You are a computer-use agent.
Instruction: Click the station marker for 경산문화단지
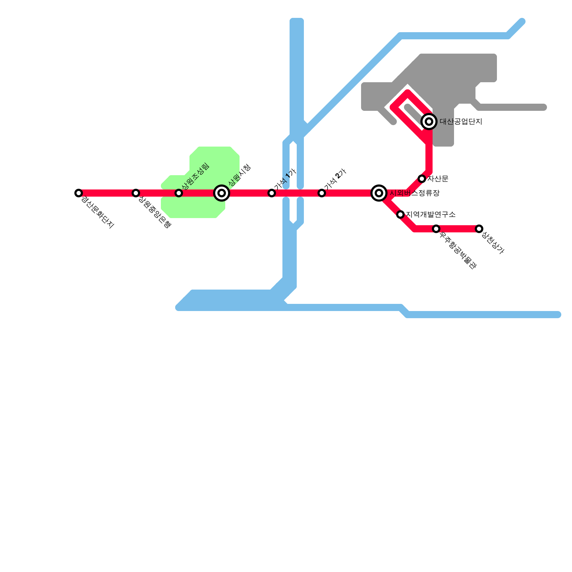click(79, 193)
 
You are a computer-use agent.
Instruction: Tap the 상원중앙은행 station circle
click(135, 193)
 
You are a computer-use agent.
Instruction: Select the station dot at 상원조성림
click(179, 193)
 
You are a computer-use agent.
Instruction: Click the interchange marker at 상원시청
click(222, 193)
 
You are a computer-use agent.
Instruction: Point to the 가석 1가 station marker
click(272, 193)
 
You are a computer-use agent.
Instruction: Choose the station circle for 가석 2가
click(322, 193)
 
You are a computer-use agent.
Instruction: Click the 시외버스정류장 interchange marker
click(379, 193)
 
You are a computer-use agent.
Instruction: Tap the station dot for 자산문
click(422, 179)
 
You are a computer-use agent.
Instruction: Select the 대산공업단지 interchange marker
click(429, 122)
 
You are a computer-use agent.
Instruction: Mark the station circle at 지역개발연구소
click(400, 214)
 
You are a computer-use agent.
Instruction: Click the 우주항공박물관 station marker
click(436, 229)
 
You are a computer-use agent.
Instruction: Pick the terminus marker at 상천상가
click(479, 229)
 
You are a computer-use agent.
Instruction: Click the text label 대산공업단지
click(461, 122)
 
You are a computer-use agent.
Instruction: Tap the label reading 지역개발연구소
click(431, 214)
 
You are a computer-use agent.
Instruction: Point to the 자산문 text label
click(438, 179)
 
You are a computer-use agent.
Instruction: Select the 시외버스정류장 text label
click(415, 193)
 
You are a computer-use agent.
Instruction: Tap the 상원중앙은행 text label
click(154, 212)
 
